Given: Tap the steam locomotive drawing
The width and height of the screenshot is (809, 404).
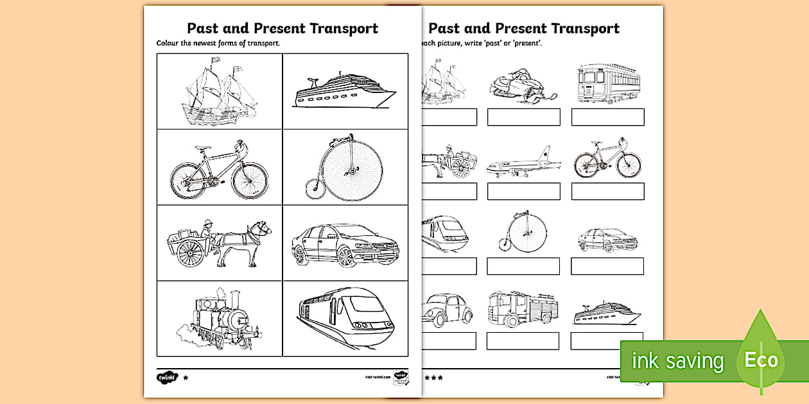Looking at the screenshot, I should (x=215, y=319).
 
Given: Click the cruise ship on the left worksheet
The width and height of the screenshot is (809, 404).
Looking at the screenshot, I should (x=344, y=93).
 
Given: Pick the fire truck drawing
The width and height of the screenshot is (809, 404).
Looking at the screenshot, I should (x=522, y=310).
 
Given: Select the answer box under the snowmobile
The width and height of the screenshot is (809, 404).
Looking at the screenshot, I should (x=523, y=117).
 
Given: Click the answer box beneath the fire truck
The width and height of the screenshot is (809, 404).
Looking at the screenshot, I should (x=523, y=341).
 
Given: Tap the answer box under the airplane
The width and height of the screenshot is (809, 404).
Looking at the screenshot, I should (x=523, y=191).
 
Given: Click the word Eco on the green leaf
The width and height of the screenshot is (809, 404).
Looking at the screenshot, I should (x=761, y=360).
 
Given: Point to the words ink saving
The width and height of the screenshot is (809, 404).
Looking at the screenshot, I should (x=677, y=361).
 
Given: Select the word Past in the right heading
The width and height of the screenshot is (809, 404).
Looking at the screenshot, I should (x=444, y=29).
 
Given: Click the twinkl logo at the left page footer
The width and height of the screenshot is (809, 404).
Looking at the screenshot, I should (x=166, y=377).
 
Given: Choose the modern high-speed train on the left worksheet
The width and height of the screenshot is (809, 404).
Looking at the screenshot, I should (x=347, y=319).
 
